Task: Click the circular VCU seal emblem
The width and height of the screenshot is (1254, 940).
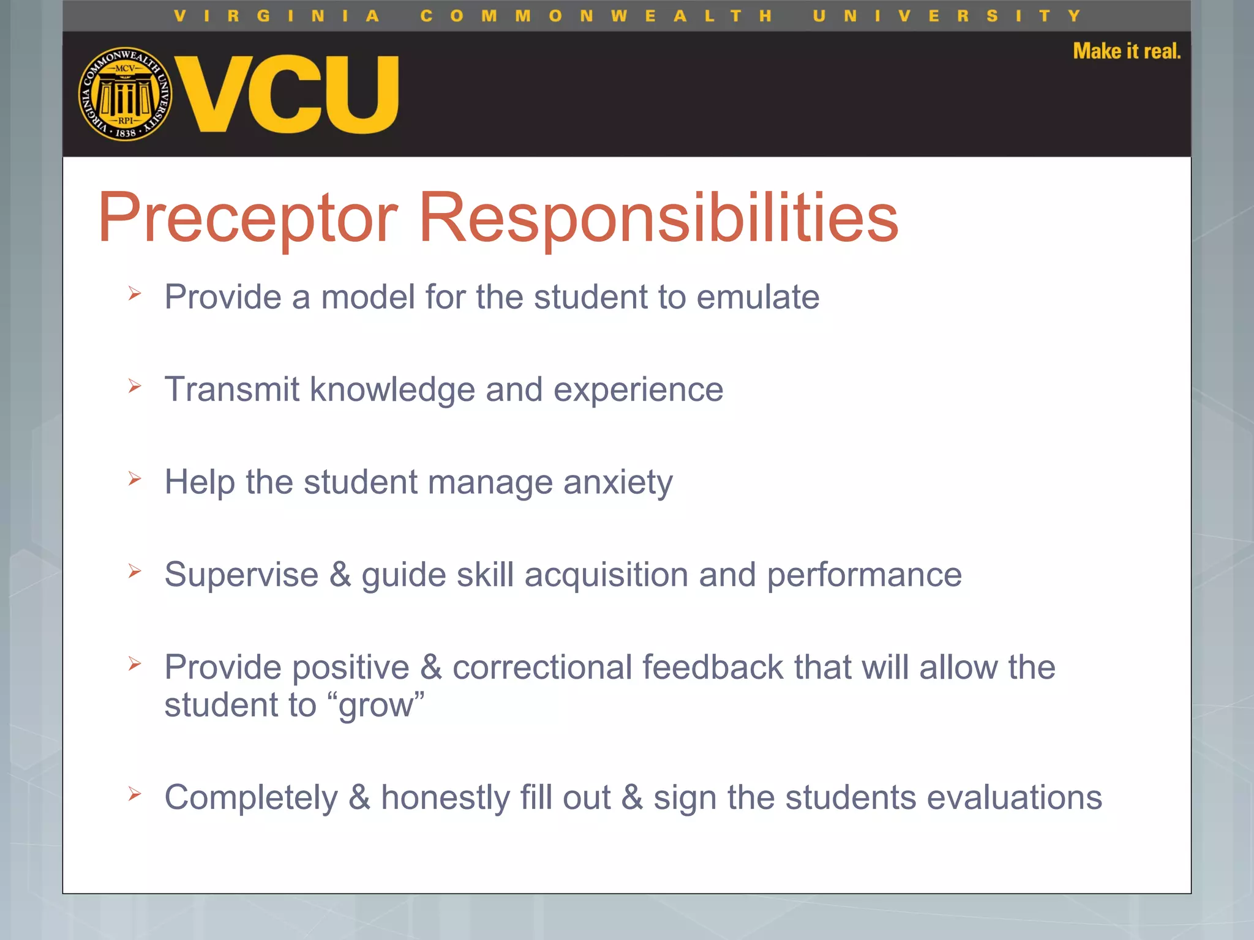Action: (x=126, y=94)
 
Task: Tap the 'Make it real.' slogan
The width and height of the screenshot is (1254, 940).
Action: (x=1127, y=51)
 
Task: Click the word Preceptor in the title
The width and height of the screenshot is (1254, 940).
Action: (x=248, y=218)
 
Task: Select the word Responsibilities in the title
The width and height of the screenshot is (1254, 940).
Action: (x=658, y=218)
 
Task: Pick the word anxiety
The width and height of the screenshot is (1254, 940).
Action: (x=618, y=483)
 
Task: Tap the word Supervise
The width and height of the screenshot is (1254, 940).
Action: (x=241, y=575)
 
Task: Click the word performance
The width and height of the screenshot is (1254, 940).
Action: (x=864, y=575)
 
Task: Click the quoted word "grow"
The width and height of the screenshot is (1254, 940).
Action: (x=380, y=706)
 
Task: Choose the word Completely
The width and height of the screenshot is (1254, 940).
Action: (x=251, y=798)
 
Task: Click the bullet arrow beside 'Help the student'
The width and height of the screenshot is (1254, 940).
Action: (x=135, y=479)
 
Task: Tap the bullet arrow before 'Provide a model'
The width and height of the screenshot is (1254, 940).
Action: (x=135, y=294)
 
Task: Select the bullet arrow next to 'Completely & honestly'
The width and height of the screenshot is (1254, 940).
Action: (x=135, y=794)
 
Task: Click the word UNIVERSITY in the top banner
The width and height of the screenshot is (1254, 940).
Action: (x=946, y=16)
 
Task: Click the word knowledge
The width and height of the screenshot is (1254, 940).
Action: (x=392, y=390)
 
